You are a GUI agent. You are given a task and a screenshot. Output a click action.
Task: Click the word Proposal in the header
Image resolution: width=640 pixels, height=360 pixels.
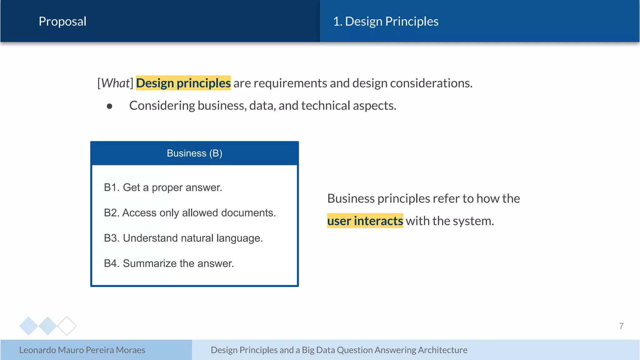tap(62, 21)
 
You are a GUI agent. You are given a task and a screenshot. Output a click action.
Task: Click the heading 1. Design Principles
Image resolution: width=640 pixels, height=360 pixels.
tap(386, 21)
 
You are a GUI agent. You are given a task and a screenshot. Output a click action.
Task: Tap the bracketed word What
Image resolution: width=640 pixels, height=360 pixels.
tap(115, 83)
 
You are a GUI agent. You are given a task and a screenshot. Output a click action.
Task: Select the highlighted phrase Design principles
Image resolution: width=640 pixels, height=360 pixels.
tap(183, 83)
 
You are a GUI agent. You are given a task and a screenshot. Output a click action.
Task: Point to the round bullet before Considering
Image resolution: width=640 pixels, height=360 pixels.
tap(109, 106)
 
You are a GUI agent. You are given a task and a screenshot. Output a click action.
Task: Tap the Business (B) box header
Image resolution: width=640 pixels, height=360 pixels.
tap(194, 153)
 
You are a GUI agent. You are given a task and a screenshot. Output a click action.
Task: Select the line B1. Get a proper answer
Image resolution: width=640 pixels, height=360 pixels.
tap(163, 187)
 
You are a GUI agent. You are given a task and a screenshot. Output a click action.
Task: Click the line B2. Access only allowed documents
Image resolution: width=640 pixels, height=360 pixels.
tap(190, 213)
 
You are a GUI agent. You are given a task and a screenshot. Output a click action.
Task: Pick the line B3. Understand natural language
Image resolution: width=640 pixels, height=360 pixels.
tap(183, 238)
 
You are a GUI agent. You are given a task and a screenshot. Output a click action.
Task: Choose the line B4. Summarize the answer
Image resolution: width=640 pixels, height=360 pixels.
tap(169, 263)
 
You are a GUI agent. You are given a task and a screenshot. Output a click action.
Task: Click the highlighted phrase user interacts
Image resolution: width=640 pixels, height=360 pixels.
tap(365, 221)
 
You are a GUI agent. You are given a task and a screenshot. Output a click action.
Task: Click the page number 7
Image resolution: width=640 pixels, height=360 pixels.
tap(621, 326)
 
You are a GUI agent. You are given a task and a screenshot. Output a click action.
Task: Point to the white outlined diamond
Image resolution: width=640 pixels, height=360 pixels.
tap(67, 326)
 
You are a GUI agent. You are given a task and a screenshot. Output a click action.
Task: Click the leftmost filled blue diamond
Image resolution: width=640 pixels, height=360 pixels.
tap(28, 326)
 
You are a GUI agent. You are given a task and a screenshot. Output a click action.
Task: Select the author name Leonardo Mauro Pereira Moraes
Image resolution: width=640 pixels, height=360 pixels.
tap(82, 350)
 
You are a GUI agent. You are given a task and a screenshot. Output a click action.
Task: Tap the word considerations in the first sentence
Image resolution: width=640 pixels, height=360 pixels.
tap(431, 83)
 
